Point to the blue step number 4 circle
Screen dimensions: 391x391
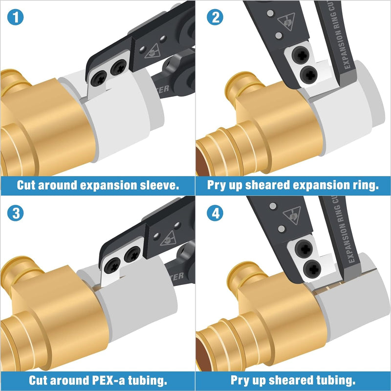[x=214, y=214]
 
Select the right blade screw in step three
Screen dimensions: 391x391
[x=133, y=254]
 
